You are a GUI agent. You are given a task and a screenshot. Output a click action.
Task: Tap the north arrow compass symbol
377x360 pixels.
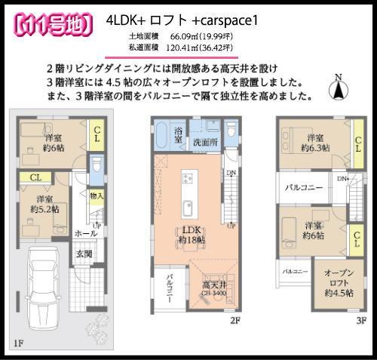point(340,88)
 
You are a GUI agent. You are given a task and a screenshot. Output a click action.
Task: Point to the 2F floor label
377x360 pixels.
point(234,320)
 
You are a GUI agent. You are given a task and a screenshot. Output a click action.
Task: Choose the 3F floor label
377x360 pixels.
point(360,320)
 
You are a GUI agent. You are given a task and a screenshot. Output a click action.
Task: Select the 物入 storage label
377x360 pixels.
point(97,196)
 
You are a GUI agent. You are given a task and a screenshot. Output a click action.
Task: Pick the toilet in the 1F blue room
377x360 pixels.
point(96,166)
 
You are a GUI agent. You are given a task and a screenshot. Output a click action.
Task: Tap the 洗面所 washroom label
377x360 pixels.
point(204,141)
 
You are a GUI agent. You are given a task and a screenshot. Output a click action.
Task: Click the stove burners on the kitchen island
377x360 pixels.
point(188,177)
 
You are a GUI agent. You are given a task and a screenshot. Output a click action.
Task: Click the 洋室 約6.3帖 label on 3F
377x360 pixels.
point(314,142)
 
